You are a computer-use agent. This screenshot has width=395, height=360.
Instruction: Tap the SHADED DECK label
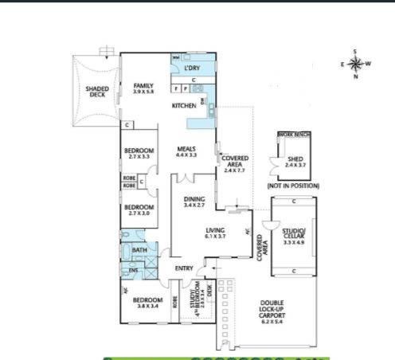97,92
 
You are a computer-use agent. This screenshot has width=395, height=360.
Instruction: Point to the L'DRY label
190,69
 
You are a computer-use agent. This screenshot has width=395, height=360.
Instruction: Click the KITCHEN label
184,105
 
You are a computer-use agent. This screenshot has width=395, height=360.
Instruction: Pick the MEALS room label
186,148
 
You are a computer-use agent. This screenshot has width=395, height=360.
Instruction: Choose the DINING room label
194,199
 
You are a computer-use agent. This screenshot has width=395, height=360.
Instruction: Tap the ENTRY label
184,268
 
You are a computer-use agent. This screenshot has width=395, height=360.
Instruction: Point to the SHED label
295,158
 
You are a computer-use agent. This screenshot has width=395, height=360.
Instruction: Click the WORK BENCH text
291,135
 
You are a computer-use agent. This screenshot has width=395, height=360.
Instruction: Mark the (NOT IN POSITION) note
294,185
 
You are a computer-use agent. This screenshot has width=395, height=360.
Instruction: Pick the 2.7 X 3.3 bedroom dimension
139,157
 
